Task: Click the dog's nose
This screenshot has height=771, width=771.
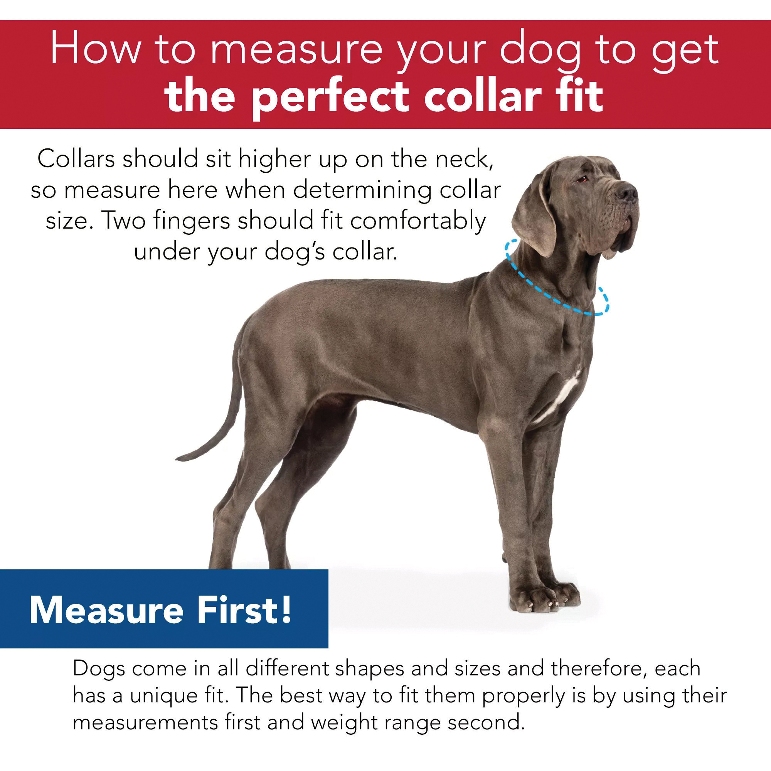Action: click(627, 192)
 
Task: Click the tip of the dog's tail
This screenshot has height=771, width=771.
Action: click(178, 458)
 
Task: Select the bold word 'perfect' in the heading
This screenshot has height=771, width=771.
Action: click(330, 97)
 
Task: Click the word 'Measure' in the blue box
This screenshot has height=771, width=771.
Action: click(106, 611)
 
